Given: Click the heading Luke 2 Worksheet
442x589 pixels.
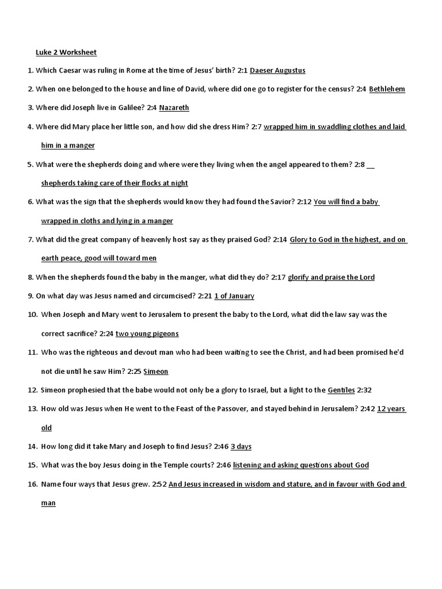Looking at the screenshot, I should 66,52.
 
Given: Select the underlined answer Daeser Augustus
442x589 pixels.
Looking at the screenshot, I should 277,71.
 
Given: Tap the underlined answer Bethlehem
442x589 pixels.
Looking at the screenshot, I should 387,89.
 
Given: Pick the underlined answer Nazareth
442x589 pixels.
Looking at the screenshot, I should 174,108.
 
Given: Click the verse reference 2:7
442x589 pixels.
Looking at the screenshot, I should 257,127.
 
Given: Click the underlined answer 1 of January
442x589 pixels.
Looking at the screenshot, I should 234,296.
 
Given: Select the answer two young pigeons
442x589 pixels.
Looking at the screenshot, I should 147,334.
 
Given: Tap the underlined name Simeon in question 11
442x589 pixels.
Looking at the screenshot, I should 155,372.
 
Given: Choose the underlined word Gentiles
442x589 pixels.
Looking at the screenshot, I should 341,390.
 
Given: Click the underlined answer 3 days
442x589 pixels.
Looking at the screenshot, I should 241,446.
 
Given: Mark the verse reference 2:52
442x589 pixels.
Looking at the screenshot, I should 159,484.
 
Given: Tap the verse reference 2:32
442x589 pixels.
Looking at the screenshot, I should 364,390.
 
